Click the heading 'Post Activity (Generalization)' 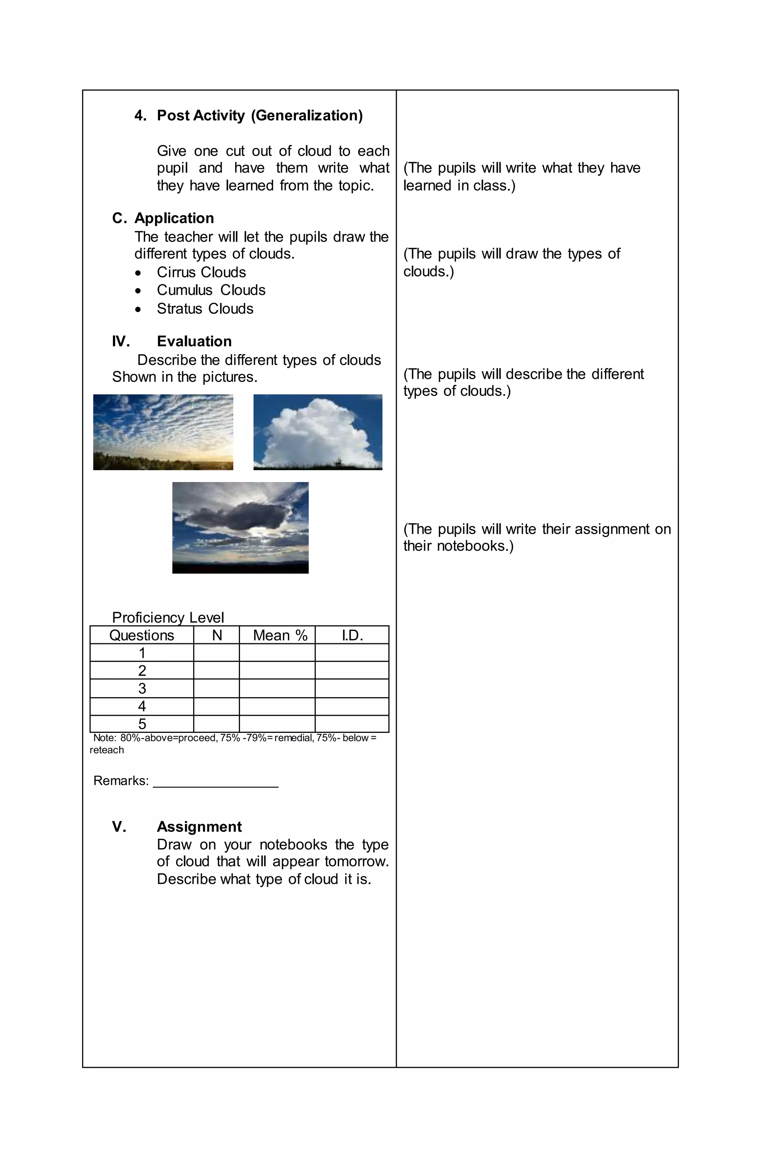click(x=259, y=116)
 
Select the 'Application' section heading click(x=174, y=218)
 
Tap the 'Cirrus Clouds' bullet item click(x=201, y=272)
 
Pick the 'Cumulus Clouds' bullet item click(x=211, y=290)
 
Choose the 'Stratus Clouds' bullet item click(x=205, y=308)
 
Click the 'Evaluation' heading click(x=194, y=342)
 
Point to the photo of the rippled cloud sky click(x=163, y=432)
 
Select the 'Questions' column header click(x=142, y=635)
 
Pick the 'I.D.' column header click(x=352, y=635)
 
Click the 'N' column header click(x=217, y=635)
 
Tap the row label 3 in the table click(x=142, y=689)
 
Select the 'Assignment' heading click(x=199, y=827)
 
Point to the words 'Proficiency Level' click(x=168, y=617)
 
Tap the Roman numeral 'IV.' click(x=121, y=342)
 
